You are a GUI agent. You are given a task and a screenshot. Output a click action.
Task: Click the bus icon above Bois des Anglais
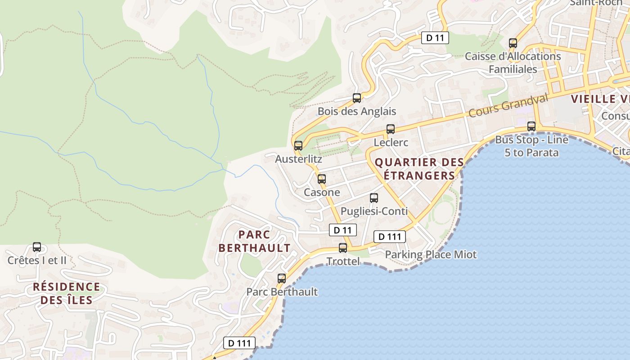click(357, 98)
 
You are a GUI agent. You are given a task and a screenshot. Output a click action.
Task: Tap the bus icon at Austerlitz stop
click(298, 146)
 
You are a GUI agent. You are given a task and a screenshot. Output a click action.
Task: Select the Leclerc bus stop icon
click(391, 129)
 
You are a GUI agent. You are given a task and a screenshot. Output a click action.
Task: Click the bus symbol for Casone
click(322, 179)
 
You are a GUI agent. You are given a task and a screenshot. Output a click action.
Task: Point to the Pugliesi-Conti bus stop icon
click(374, 198)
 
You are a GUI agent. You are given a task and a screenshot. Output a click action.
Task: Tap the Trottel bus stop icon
click(343, 248)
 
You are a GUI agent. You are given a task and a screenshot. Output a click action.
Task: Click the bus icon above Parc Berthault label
click(282, 279)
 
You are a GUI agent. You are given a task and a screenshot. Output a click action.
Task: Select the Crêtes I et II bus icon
click(37, 247)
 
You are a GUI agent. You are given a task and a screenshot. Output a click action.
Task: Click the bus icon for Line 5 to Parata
click(531, 126)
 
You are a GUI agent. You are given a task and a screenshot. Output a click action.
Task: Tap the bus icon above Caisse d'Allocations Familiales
click(513, 43)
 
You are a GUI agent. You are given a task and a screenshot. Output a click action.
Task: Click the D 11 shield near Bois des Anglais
click(435, 38)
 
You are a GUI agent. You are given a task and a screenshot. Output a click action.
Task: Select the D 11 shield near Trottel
click(343, 230)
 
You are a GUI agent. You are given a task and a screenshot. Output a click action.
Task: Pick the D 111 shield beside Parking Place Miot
click(390, 237)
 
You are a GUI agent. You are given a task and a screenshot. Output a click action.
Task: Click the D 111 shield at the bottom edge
click(239, 343)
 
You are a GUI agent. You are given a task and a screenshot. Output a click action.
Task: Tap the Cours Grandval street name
click(508, 106)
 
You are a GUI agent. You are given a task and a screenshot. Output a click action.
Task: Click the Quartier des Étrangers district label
click(419, 169)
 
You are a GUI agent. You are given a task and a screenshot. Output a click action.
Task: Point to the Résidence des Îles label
click(67, 293)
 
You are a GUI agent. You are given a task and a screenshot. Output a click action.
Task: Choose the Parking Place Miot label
click(431, 254)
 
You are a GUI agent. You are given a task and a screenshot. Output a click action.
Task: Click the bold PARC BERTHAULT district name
click(254, 241)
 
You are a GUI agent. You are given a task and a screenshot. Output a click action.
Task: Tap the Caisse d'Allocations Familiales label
click(513, 63)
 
